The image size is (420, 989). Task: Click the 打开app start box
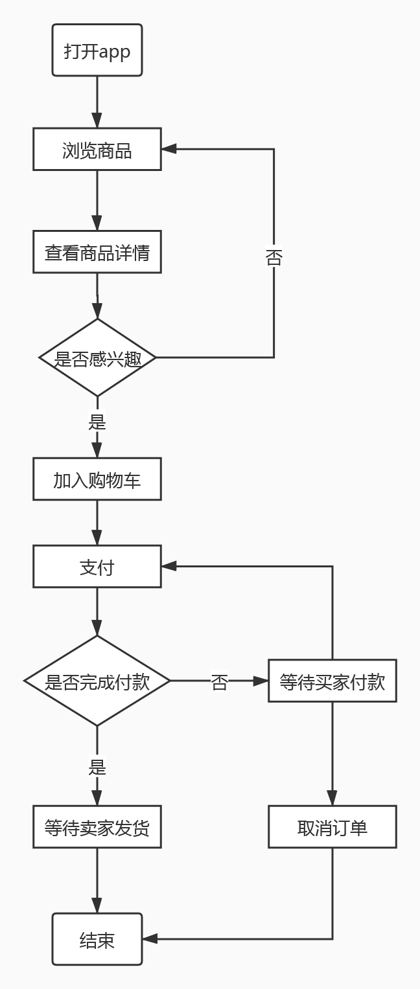tap(97, 51)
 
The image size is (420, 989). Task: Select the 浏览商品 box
tap(97, 150)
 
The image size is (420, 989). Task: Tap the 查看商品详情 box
tap(97, 252)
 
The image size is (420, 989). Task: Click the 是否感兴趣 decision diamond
tap(97, 358)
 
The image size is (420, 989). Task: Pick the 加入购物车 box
tap(97, 479)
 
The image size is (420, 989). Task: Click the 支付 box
tap(97, 567)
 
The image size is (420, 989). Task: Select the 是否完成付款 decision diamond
tap(97, 681)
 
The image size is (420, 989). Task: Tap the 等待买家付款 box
tap(332, 681)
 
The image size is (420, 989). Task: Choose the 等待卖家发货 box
tap(97, 827)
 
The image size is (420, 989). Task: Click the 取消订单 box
tap(332, 827)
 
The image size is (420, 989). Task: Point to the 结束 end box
tap(97, 939)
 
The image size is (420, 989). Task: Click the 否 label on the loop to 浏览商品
tap(274, 258)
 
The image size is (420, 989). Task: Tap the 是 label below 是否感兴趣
tap(97, 422)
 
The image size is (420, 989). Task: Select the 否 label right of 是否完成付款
tap(219, 682)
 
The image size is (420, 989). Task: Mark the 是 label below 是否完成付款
tap(97, 767)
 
